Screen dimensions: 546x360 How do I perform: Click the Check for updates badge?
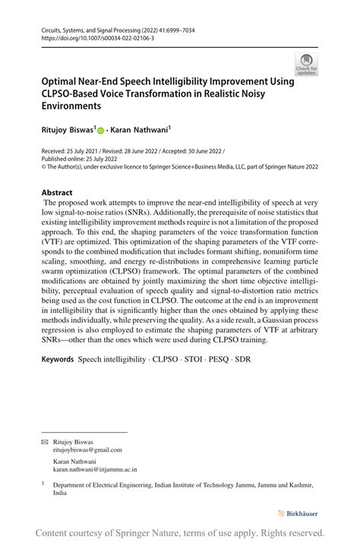coord(306,65)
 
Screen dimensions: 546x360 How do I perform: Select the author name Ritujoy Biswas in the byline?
coord(67,131)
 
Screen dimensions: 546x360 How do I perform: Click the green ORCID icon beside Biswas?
coord(100,131)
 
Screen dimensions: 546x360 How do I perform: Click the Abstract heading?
coord(57,192)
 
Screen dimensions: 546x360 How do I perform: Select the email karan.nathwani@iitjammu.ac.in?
coord(95,469)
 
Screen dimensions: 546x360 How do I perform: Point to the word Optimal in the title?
coord(63,81)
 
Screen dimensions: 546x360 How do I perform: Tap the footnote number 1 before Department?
coord(43,481)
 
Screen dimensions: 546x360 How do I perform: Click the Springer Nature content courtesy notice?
coord(180,533)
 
